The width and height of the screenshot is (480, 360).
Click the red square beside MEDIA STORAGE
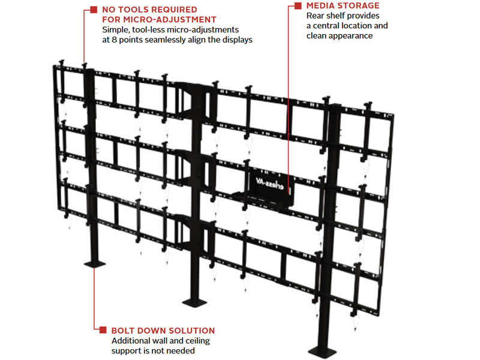pos(298,6)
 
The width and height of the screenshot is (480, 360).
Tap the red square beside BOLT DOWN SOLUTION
pos(103,329)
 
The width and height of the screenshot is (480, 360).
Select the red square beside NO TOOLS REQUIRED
pos(94,10)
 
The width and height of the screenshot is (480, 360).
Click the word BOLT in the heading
pos(123,331)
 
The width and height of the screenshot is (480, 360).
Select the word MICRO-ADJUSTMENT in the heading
pos(170,20)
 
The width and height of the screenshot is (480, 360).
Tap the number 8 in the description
pos(114,40)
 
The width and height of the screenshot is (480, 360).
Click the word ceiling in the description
pos(198,341)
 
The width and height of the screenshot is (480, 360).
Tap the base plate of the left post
pos(95,263)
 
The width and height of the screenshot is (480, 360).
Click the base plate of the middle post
pos(194,302)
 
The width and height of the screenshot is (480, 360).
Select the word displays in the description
pos(237,40)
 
